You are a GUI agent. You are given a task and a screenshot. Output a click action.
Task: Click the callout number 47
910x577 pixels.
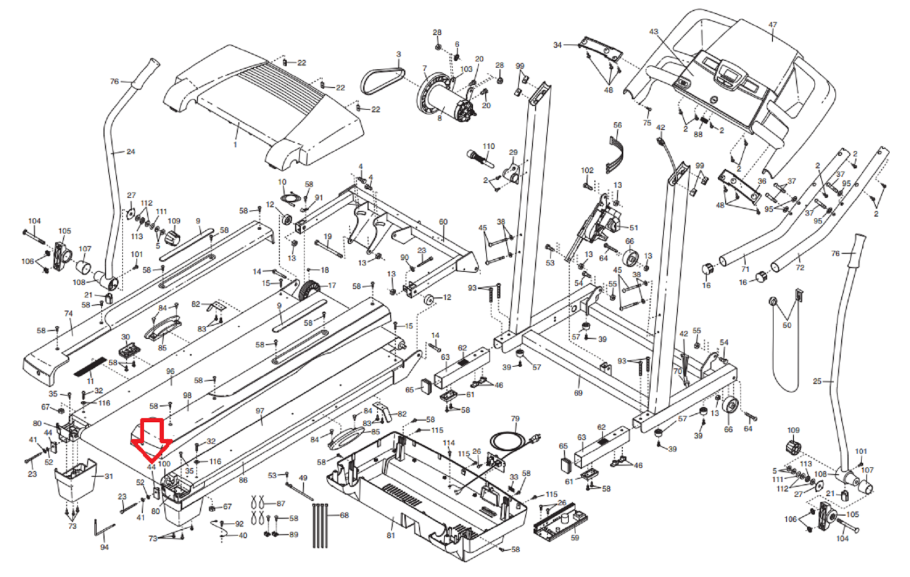(772, 25)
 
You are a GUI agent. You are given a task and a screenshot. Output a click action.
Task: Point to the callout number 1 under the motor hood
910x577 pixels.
(235, 145)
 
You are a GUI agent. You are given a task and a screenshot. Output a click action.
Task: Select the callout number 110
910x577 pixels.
(489, 146)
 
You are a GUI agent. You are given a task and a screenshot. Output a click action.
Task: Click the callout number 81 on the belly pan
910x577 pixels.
(391, 536)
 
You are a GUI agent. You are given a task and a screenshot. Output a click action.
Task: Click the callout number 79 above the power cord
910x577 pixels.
(515, 419)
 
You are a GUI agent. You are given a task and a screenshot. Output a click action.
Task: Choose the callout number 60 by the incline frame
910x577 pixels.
(443, 222)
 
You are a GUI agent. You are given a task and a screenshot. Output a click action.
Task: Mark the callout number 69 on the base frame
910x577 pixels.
(578, 393)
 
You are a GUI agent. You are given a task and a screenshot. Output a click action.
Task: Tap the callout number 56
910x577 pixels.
(618, 125)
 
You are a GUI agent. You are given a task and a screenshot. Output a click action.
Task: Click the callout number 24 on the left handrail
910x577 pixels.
(131, 152)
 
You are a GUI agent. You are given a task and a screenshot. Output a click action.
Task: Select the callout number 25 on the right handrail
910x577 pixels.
(817, 381)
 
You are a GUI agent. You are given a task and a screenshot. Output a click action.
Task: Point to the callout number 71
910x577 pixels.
(745, 269)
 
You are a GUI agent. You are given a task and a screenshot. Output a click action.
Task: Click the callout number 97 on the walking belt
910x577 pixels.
(260, 411)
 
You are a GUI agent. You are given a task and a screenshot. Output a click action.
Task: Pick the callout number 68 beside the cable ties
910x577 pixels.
(344, 516)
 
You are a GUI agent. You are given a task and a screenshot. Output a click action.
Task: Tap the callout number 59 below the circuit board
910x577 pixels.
(574, 537)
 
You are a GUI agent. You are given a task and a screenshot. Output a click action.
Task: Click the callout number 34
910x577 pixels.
(557, 45)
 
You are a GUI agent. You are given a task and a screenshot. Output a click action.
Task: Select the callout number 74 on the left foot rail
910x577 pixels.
(69, 314)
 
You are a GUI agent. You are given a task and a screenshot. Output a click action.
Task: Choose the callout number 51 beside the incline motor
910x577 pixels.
(634, 228)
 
